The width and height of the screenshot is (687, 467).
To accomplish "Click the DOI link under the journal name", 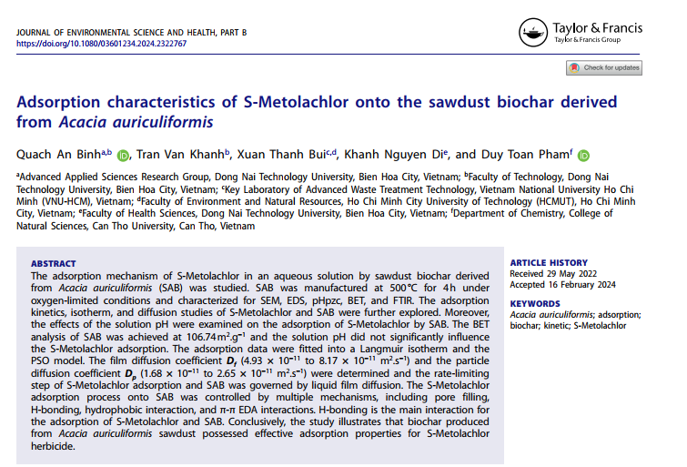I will click(102, 43).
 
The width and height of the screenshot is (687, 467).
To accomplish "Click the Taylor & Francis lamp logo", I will click(534, 34).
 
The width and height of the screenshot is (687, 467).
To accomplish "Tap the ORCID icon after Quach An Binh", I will click(123, 156).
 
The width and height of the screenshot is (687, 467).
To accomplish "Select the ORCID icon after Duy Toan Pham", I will click(583, 156).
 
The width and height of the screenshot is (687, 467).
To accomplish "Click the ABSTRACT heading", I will click(54, 262).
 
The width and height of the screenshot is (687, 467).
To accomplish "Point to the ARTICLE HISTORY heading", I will click(549, 262).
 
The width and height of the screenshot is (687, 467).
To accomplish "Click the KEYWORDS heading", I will click(536, 303).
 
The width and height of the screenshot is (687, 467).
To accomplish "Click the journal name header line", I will click(132, 33).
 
